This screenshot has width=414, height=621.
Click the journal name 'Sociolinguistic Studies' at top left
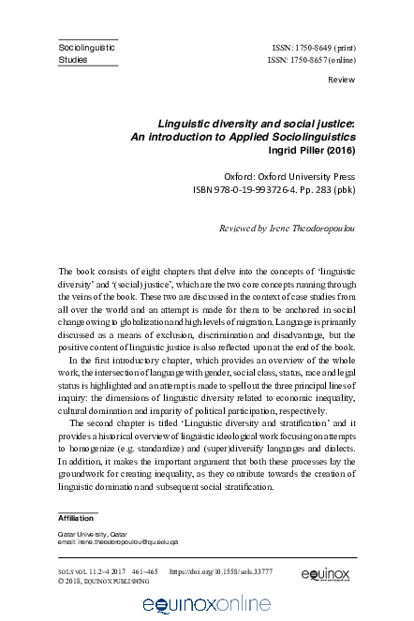click(81, 52)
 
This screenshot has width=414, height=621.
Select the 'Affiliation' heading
click(77, 517)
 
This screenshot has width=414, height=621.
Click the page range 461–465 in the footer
click(145, 569)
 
